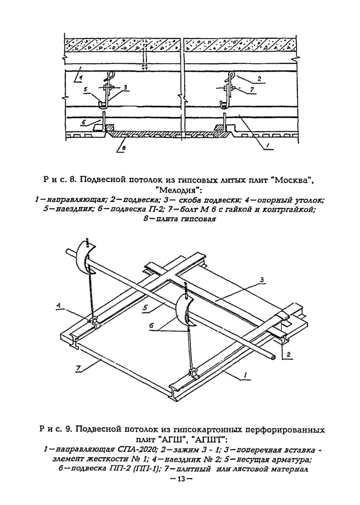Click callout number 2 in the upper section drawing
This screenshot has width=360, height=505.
click(259, 78)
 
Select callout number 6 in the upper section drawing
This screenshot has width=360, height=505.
click(84, 122)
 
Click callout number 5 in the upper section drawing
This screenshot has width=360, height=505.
click(85, 91)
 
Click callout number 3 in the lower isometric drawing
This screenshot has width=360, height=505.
click(262, 281)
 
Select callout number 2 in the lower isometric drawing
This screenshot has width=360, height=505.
click(289, 355)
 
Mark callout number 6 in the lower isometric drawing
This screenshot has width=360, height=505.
click(150, 326)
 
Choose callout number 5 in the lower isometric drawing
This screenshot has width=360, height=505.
click(144, 307)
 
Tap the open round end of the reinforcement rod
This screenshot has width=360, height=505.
click(274, 357)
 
